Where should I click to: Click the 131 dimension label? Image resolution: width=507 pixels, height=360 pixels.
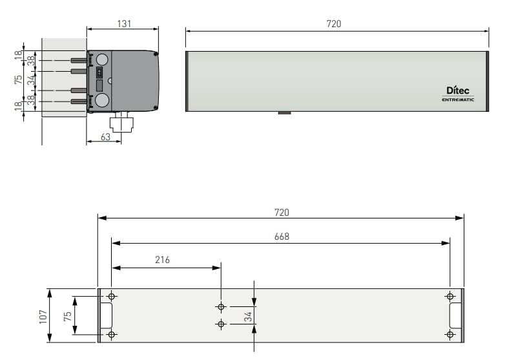(124, 24)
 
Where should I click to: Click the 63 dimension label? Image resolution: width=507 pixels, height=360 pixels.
(105, 137)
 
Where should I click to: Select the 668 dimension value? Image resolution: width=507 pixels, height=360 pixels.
(282, 237)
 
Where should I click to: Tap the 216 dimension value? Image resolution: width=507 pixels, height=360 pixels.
(162, 260)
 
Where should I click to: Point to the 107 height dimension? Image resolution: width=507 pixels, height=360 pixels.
(43, 317)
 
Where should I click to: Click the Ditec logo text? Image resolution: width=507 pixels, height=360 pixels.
(457, 90)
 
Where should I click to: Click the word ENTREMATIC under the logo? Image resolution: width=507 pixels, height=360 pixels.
(458, 100)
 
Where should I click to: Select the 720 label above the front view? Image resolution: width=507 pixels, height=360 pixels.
(334, 24)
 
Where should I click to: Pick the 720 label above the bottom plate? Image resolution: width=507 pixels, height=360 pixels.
(282, 213)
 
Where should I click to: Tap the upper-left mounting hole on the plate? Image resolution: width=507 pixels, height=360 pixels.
(112, 296)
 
